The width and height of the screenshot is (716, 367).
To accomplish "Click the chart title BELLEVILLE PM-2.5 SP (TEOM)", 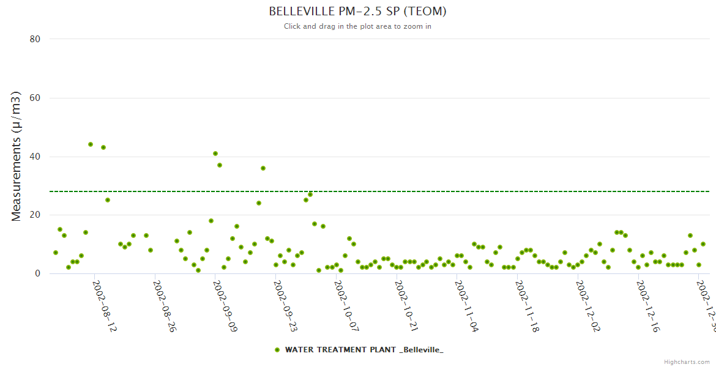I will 357,12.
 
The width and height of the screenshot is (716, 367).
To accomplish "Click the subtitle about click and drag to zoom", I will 357,26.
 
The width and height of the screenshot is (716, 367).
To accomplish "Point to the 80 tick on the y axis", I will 35,39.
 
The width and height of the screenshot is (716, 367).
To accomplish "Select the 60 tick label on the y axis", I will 35,98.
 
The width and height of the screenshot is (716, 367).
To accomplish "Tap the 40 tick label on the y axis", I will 35,157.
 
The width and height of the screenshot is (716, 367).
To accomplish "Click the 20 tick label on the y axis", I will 35,215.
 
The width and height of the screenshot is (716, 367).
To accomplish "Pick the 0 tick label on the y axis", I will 37,273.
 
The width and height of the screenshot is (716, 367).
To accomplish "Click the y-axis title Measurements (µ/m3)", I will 17,156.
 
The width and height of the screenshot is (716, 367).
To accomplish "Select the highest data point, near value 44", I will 91,144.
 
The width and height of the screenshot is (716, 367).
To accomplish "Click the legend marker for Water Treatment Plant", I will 277,350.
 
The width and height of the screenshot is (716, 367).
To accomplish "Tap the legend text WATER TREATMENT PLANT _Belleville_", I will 364,350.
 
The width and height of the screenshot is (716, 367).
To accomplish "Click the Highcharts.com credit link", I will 687,362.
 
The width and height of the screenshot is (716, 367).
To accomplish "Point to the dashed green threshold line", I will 428,191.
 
